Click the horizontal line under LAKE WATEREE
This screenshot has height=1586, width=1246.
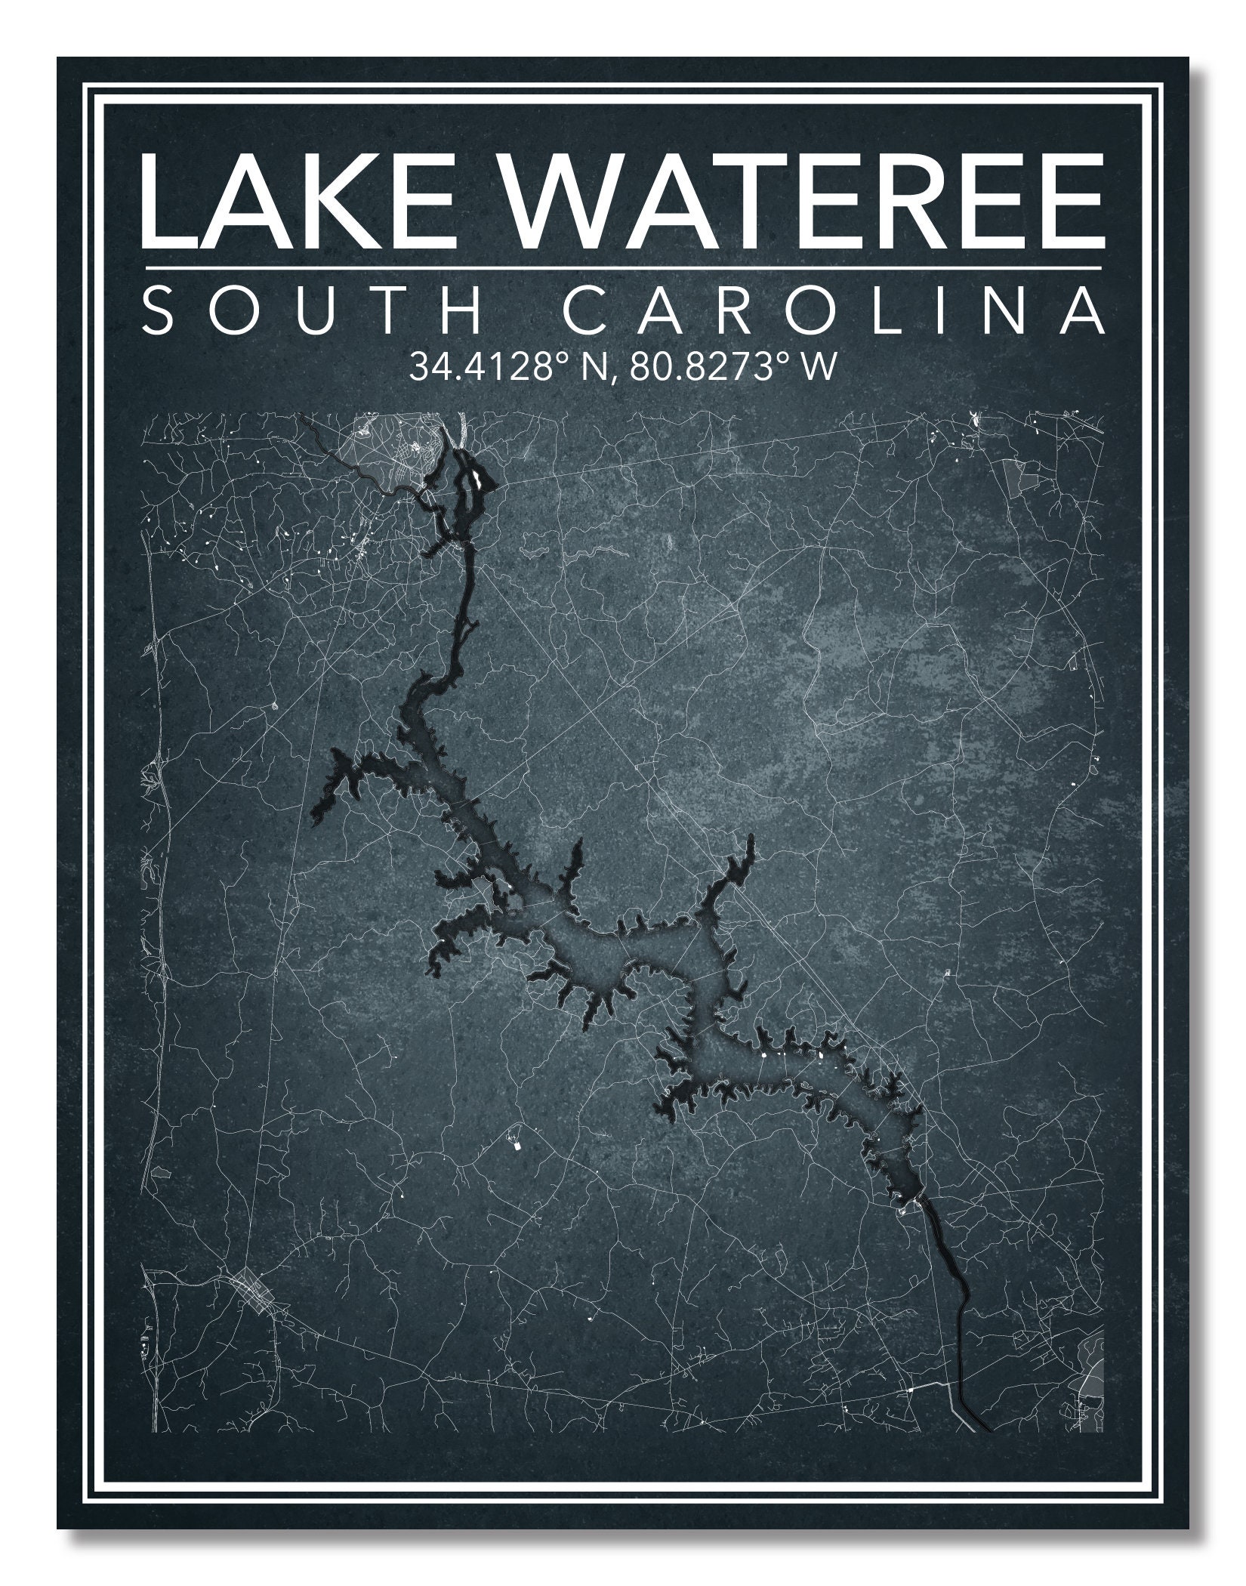click(x=622, y=267)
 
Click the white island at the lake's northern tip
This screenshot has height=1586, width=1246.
click(x=477, y=477)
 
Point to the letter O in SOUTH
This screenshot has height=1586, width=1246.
click(x=227, y=310)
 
